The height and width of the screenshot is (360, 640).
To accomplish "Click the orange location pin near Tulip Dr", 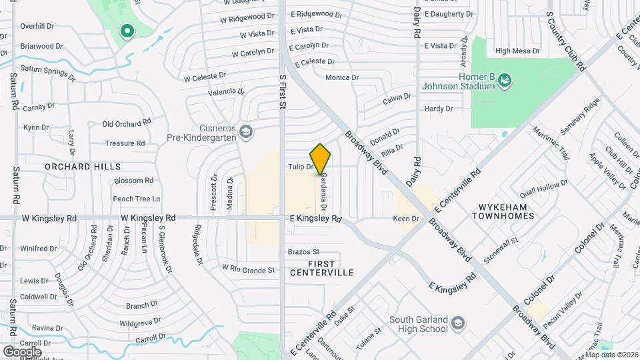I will click(320, 159).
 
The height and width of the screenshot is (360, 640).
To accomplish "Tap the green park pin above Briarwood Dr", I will click(126, 31).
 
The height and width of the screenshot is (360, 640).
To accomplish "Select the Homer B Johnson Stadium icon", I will click(505, 80).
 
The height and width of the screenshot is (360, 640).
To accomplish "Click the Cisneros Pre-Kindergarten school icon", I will click(246, 131).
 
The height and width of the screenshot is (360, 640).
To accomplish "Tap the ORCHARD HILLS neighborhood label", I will click(83, 166).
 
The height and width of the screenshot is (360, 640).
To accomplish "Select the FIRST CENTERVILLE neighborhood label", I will click(321, 268).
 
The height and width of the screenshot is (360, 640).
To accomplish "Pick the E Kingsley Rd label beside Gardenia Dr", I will click(315, 218).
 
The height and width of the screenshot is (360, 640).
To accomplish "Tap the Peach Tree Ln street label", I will click(137, 199).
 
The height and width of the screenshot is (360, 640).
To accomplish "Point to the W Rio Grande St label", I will click(249, 270).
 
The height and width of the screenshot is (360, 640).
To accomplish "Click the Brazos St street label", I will click(304, 252).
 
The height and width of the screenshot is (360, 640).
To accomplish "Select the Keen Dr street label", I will click(406, 218).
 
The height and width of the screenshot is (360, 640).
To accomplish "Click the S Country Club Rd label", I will click(565, 41).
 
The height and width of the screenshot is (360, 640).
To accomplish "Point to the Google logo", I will click(22, 351).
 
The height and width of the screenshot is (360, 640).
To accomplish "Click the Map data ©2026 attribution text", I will click(611, 354).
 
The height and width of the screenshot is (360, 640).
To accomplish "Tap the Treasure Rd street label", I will click(125, 143).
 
